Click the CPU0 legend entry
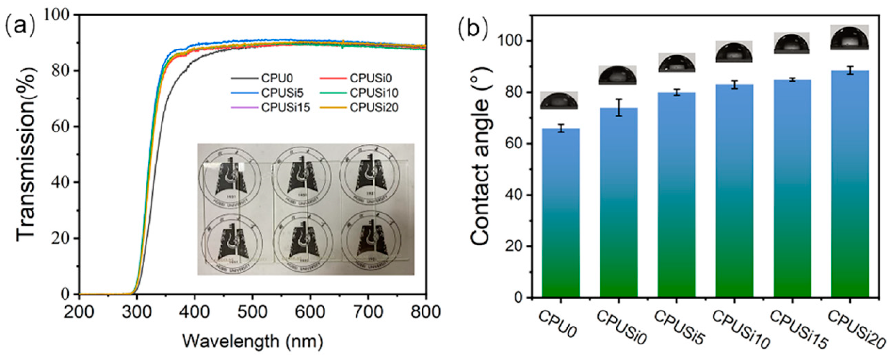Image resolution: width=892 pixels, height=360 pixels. click(x=276, y=78)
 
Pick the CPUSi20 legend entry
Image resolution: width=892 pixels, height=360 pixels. click(x=373, y=107)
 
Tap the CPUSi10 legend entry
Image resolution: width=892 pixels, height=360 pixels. click(x=373, y=93)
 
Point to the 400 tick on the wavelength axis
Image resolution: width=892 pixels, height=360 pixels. click(x=195, y=311)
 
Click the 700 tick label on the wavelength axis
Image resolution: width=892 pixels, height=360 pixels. click(x=368, y=311)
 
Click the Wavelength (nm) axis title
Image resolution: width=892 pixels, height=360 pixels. click(x=252, y=342)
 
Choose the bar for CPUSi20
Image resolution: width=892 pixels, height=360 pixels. click(x=850, y=184)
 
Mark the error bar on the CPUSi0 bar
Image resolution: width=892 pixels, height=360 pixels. click(x=618, y=108)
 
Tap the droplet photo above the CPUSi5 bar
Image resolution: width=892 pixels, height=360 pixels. click(x=676, y=63)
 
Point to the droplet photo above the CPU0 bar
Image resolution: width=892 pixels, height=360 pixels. click(x=559, y=100)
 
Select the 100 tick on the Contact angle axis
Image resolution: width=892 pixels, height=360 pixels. click(x=510, y=41)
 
